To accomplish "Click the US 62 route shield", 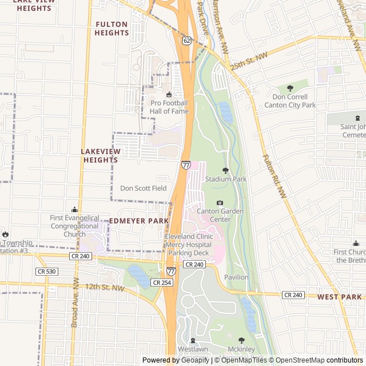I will point(187,41).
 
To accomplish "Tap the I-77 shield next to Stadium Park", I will point(186,165).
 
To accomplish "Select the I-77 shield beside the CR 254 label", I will point(171,271).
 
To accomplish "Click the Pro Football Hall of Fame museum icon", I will point(169,95).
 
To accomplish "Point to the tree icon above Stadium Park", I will point(225,170).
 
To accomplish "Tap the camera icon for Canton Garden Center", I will point(220,202).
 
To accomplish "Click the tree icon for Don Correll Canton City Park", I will point(290,88).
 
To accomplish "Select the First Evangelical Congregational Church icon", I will point(74,209).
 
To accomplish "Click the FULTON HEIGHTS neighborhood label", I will point(112,29).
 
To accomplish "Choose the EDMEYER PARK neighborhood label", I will point(139,221).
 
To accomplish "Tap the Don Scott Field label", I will point(143,188).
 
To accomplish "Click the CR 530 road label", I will point(46,271).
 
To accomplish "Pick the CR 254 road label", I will point(162,283).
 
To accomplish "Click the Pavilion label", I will point(236,277).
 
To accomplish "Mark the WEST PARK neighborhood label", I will point(340,297).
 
